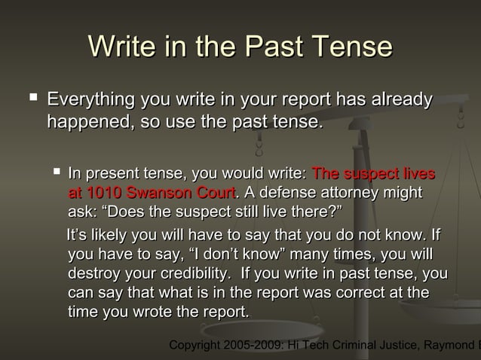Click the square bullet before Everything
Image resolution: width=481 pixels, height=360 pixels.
[31, 99]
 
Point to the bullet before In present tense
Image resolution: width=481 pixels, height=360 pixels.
[55, 172]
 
